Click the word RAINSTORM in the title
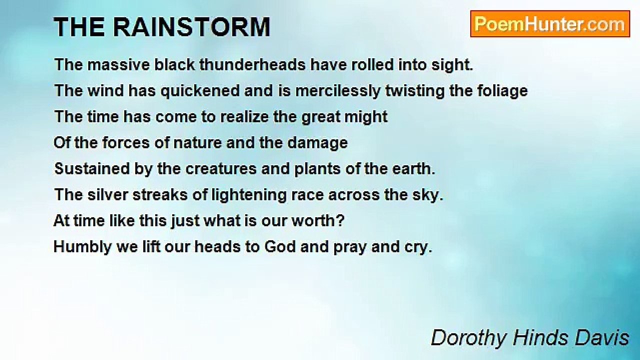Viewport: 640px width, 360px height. coord(191,27)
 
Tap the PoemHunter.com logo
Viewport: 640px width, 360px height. coord(549,24)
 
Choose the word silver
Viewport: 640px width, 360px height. coord(105,195)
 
